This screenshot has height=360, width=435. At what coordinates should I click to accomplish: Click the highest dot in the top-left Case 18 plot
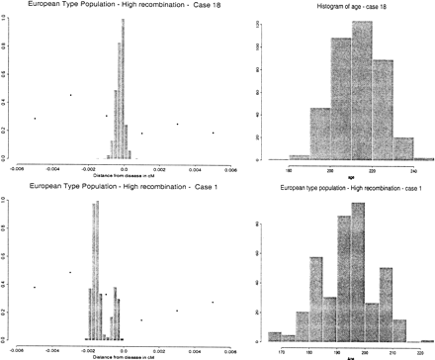70,95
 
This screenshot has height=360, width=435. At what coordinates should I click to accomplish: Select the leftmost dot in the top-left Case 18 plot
35,119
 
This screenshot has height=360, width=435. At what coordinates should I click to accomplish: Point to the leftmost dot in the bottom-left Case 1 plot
35,288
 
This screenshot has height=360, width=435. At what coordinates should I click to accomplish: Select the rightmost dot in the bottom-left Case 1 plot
213,303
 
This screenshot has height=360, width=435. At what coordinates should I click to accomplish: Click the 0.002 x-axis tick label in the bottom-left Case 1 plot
176,350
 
